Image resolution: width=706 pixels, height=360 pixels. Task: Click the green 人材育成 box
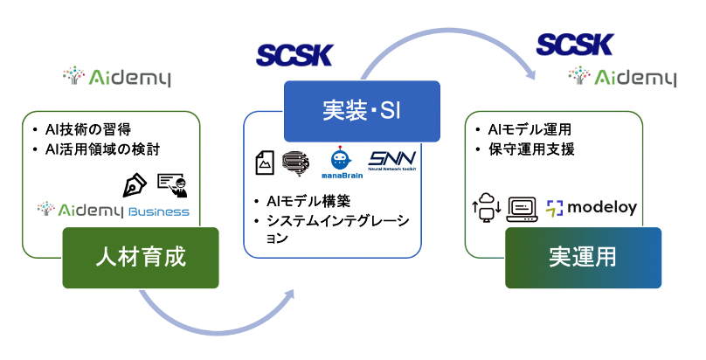[141, 257]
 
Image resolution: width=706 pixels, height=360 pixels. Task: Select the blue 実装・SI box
[361, 111]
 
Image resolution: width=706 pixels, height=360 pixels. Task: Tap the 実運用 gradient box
[583, 257]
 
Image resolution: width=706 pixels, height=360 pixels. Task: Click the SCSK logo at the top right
[574, 44]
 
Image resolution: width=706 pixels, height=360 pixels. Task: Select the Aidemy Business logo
[114, 211]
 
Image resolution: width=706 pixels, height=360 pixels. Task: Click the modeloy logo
[592, 207]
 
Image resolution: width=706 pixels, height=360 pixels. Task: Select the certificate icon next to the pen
[171, 184]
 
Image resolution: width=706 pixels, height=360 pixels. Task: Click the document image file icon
[265, 162]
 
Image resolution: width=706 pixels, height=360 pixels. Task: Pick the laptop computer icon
[522, 209]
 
